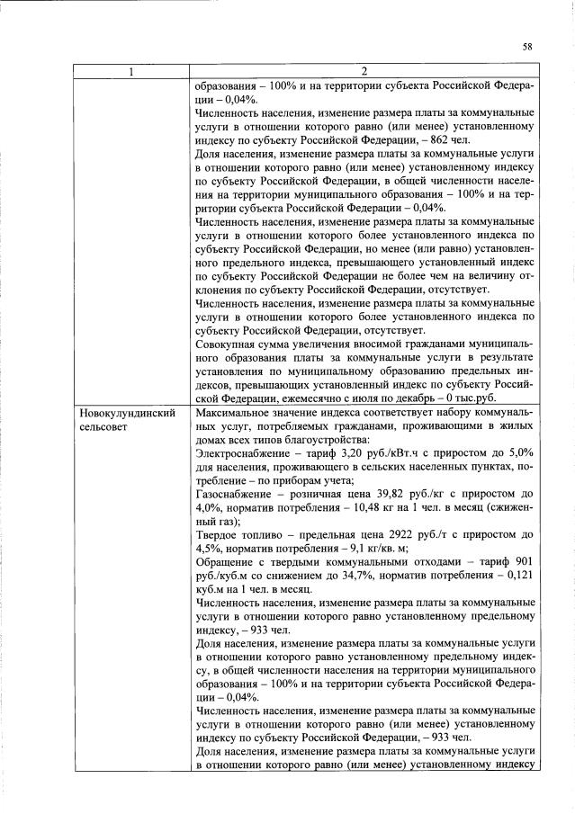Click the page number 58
[x=526, y=46]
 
